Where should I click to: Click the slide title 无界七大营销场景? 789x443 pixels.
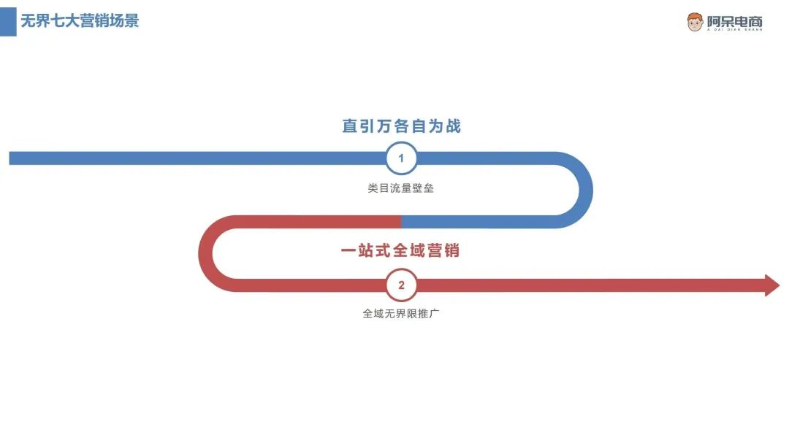(x=79, y=20)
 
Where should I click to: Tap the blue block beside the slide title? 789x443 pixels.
(x=8, y=21)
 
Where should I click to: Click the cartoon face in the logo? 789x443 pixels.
(x=695, y=22)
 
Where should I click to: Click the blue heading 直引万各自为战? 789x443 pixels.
(x=401, y=126)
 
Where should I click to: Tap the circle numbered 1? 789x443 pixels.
(x=401, y=158)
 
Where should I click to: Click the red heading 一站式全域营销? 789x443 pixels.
(x=400, y=251)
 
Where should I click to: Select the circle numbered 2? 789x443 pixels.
(x=401, y=285)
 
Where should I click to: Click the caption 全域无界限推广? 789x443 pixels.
(x=400, y=315)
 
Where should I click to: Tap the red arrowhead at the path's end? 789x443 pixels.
(x=772, y=285)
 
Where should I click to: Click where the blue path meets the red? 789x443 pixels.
(x=401, y=221)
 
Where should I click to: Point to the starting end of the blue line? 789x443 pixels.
(x=12, y=158)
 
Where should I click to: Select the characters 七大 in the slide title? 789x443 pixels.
(x=69, y=20)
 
